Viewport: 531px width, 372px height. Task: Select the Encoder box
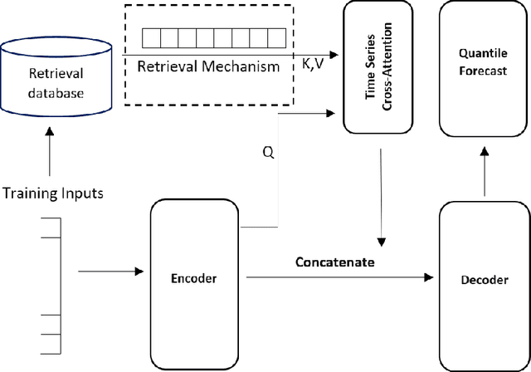click(x=195, y=277)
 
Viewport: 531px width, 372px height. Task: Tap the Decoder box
click(x=484, y=280)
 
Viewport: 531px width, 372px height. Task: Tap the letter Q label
click(x=266, y=152)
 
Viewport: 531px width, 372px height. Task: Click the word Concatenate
click(x=335, y=262)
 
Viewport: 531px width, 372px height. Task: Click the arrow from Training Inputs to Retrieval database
click(x=51, y=154)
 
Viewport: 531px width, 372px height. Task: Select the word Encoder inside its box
click(x=195, y=279)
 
